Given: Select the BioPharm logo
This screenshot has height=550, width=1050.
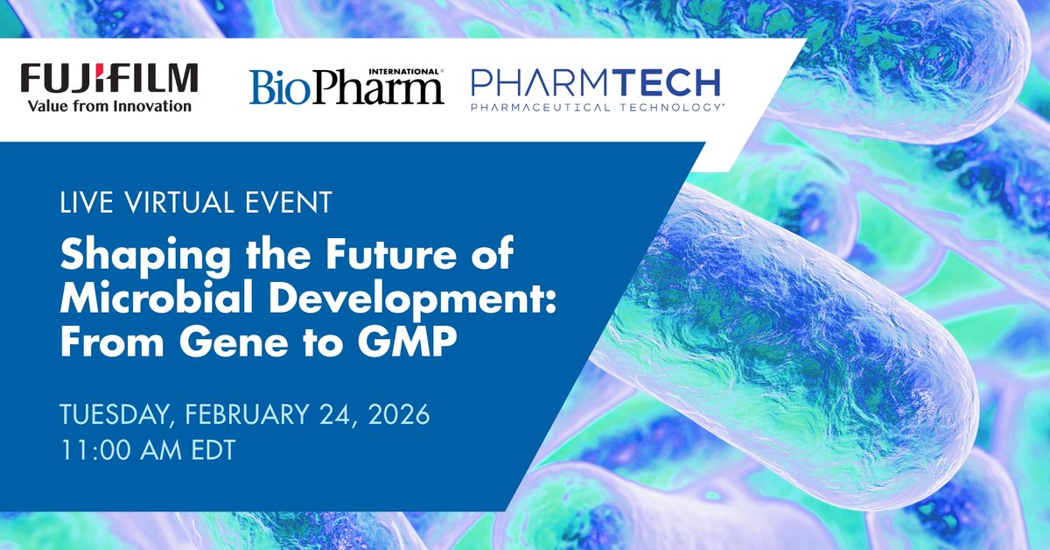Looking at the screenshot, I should (x=346, y=88).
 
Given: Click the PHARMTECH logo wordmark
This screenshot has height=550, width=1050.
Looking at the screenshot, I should (x=595, y=83).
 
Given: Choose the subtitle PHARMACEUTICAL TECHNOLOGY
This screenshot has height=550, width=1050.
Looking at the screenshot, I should (x=595, y=108).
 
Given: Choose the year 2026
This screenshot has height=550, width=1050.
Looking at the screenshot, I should (x=397, y=414).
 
